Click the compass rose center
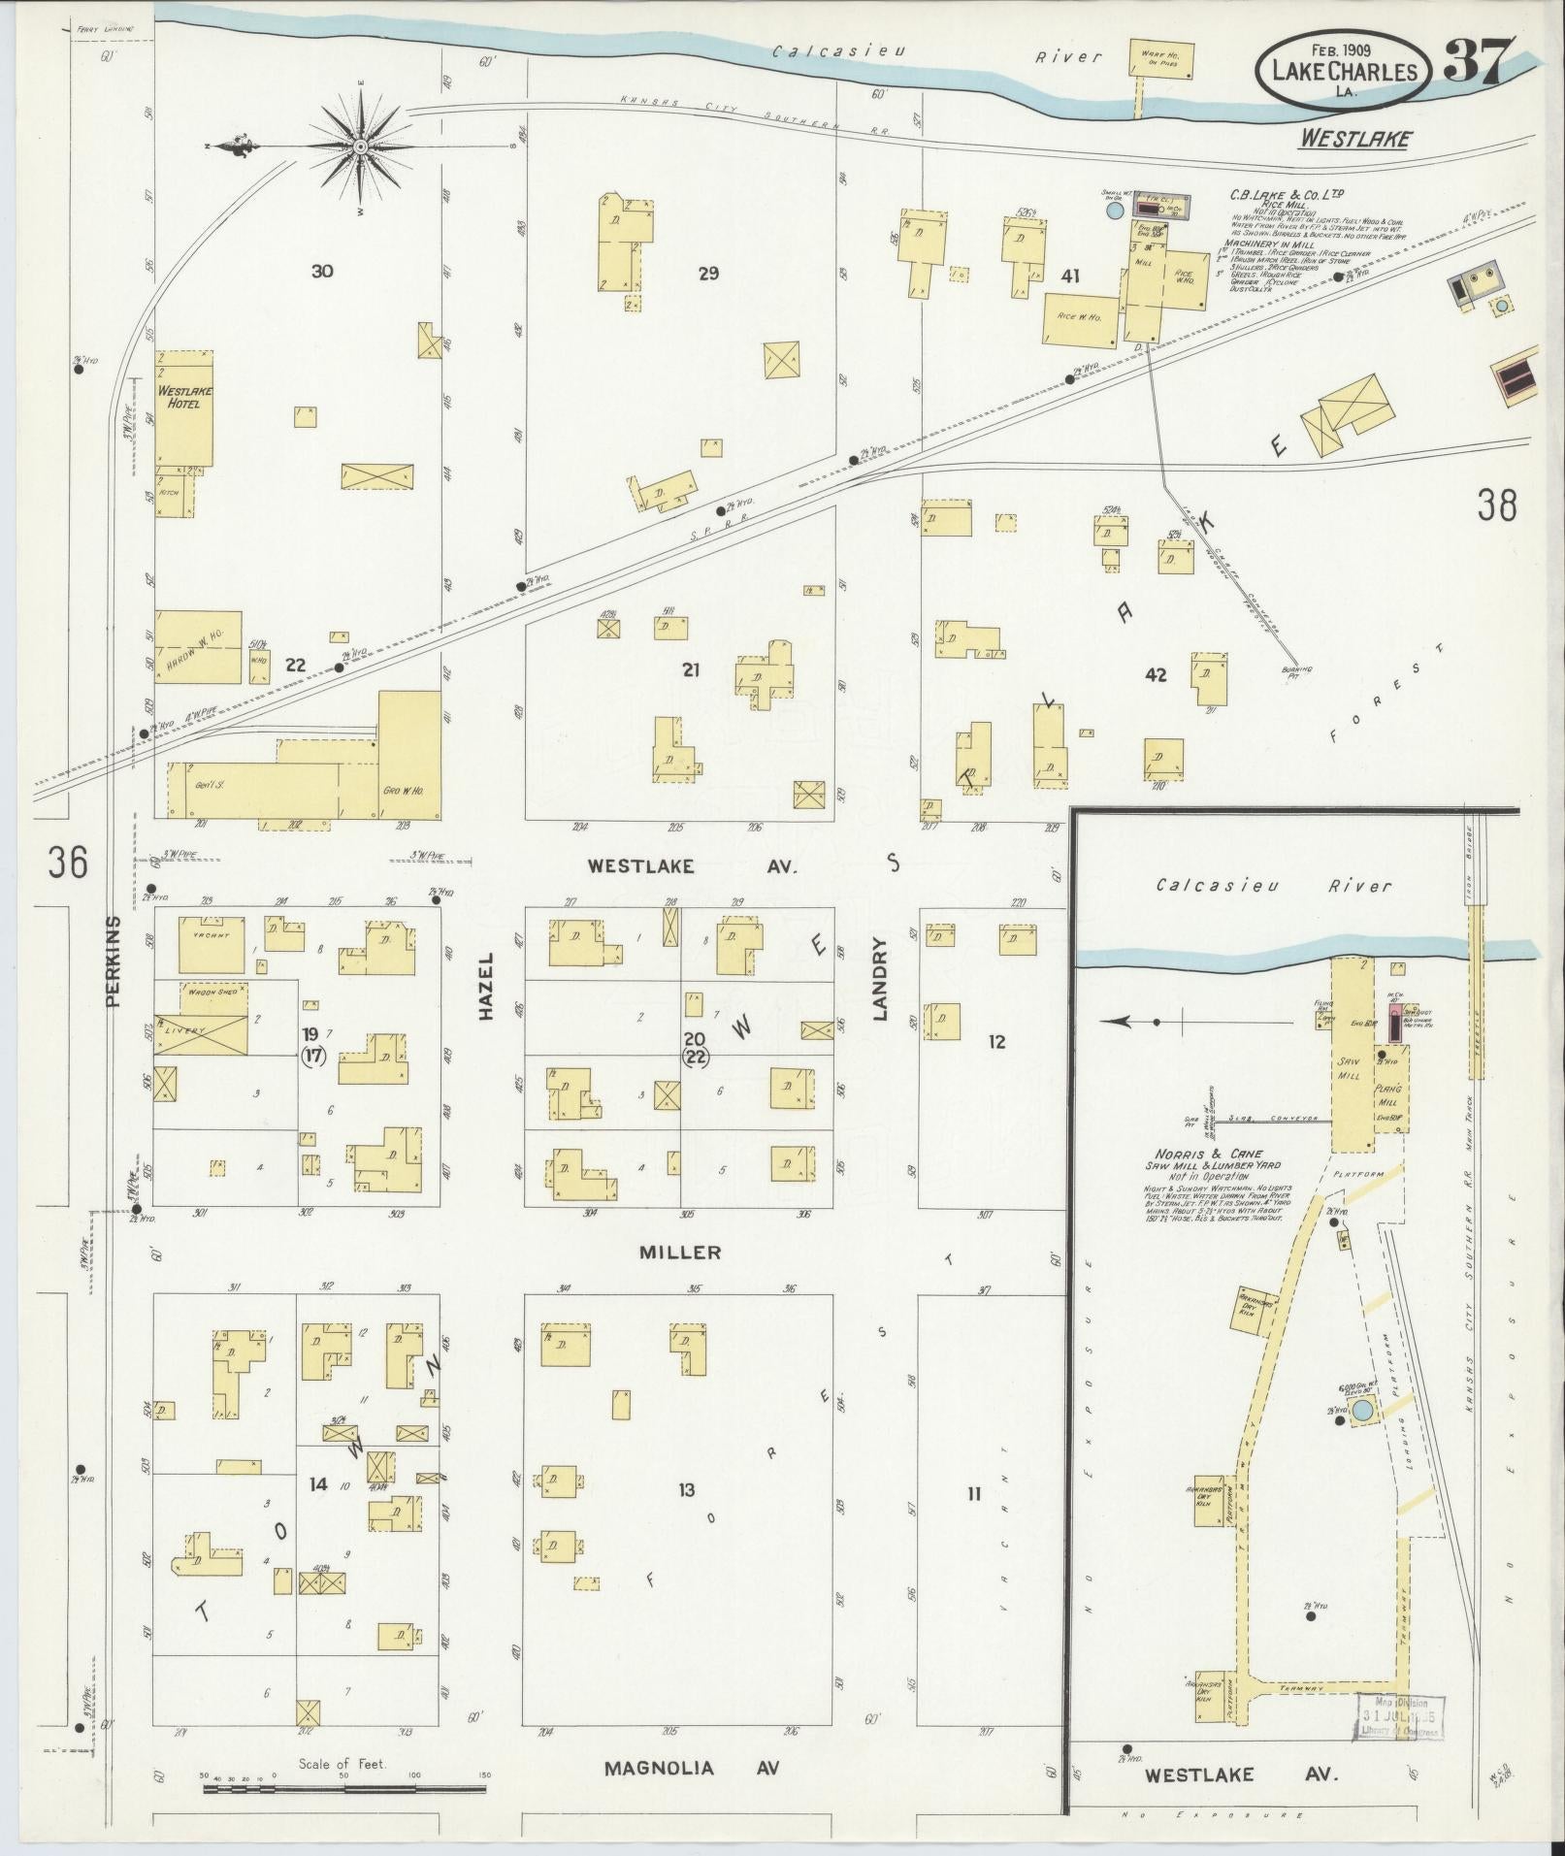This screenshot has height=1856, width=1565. (360, 147)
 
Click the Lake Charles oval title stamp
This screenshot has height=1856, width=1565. (1344, 69)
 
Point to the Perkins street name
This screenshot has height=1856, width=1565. (114, 960)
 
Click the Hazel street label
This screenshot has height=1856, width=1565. (486, 984)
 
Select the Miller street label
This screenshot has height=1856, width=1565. (679, 1253)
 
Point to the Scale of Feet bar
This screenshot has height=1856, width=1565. (343, 1787)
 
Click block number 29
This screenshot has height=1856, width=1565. (708, 274)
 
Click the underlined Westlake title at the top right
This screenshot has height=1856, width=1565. (1354, 140)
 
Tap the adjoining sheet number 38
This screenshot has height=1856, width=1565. (1496, 505)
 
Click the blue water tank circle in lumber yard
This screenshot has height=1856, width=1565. (1363, 1410)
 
